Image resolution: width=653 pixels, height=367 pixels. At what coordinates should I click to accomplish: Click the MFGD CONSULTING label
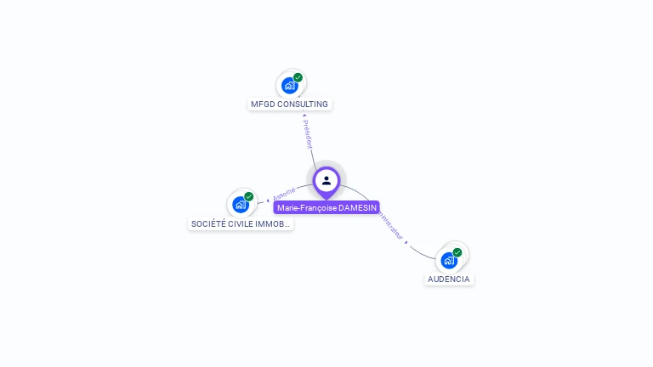tap(289, 104)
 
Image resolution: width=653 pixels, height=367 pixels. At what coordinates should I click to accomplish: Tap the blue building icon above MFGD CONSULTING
tap(289, 86)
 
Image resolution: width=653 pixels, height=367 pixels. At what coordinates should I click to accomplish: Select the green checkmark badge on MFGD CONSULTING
tap(298, 77)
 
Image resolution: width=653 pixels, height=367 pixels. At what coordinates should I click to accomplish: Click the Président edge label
tap(307, 133)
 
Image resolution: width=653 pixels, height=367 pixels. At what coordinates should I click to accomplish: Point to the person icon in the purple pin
tap(326, 180)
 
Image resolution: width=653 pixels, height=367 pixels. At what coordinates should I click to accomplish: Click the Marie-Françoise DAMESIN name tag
tap(326, 207)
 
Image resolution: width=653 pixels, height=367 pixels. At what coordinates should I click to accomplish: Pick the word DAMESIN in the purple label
tap(357, 207)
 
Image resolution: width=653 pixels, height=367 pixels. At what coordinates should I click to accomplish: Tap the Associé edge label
tap(284, 194)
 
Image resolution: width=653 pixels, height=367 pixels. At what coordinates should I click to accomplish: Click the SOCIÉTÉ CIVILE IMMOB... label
tap(241, 224)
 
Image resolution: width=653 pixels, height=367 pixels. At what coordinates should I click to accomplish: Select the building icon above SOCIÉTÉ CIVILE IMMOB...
tap(241, 205)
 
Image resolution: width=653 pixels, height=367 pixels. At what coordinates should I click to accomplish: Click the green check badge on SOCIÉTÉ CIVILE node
tap(249, 196)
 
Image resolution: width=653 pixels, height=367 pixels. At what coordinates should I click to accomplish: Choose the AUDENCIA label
tap(449, 279)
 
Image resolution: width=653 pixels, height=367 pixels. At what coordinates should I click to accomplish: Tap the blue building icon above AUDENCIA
tap(448, 261)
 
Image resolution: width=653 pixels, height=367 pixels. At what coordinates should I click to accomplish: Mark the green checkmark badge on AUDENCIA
tap(457, 252)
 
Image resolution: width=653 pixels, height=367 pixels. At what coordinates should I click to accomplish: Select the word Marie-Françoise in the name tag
tap(306, 207)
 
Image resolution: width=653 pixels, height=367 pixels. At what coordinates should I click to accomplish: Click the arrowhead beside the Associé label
tap(269, 201)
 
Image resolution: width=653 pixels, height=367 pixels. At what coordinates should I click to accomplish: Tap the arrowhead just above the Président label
tap(304, 116)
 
